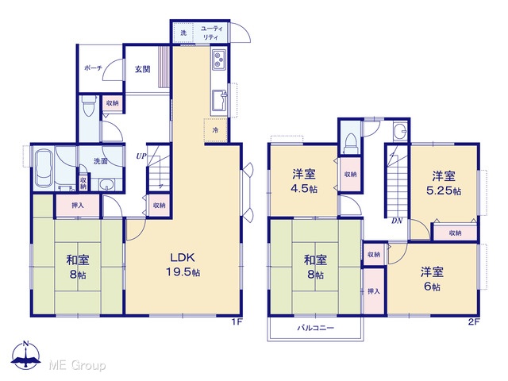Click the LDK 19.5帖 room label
pyautogui.click(x=183, y=264)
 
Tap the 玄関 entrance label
pyautogui.click(x=143, y=69)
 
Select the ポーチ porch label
pyautogui.click(x=93, y=68)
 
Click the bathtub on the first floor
pyautogui.click(x=44, y=167)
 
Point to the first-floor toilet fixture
pyautogui.click(x=88, y=106)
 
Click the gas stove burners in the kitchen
pyautogui.click(x=219, y=60)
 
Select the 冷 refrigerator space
pyautogui.click(x=215, y=130)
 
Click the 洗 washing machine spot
pyautogui.click(x=183, y=33)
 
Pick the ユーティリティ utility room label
pyautogui.click(x=211, y=33)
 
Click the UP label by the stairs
pyautogui.click(x=141, y=156)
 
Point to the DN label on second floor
pyautogui.click(x=397, y=221)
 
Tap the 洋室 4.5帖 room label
pyautogui.click(x=303, y=182)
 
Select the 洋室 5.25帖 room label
pyautogui.click(x=444, y=183)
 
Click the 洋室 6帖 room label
pyautogui.click(x=432, y=279)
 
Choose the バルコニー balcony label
pyautogui.click(x=316, y=328)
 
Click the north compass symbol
pyautogui.click(x=26, y=355)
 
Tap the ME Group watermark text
pyautogui.click(x=77, y=366)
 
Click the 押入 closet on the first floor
pyautogui.click(x=78, y=206)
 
